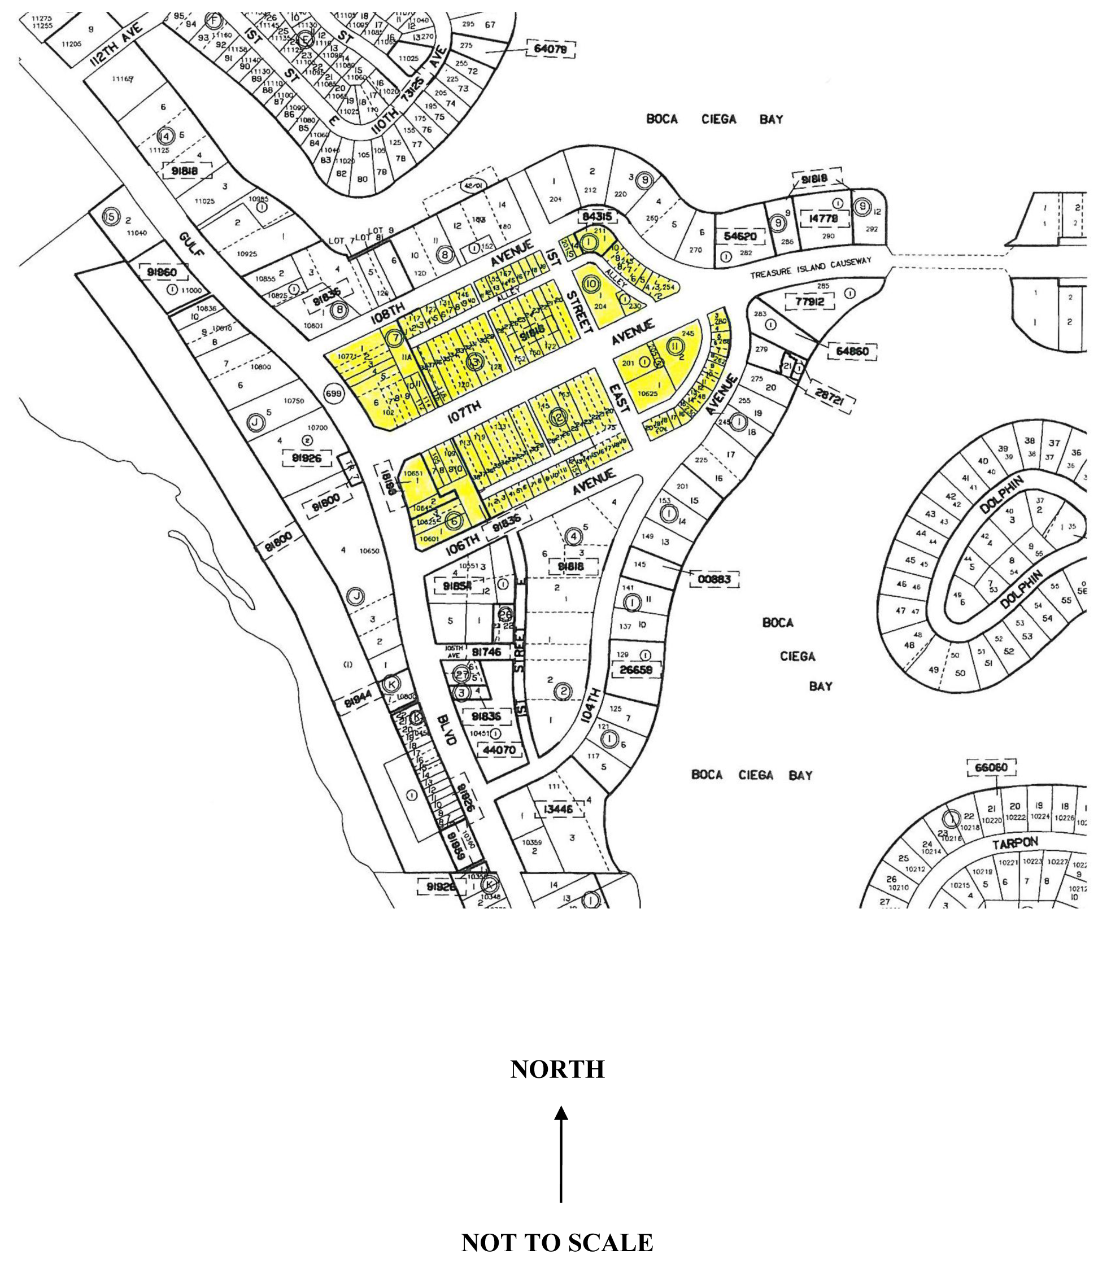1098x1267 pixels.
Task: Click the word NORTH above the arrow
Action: point(557,1069)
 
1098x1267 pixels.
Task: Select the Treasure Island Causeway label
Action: point(811,268)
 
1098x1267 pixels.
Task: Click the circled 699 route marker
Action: point(333,394)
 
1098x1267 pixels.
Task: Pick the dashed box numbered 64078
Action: point(550,49)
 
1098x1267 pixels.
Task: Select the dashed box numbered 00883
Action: point(714,578)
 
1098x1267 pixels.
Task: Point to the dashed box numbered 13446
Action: point(557,810)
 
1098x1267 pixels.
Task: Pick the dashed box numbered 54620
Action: point(740,237)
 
